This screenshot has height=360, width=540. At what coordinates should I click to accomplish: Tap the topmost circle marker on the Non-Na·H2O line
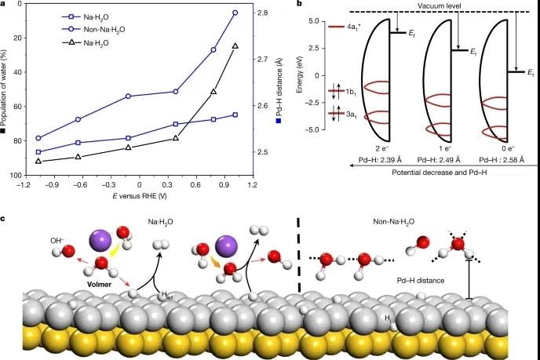[x=235, y=13]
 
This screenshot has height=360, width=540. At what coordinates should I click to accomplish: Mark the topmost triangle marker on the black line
[x=235, y=46]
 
